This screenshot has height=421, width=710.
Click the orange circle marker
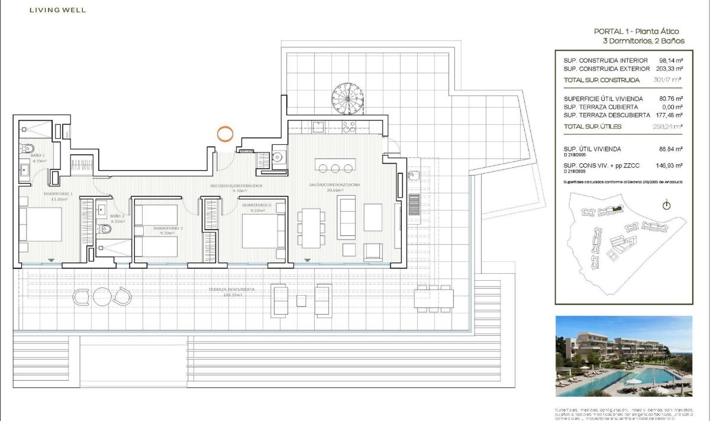click(x=224, y=133)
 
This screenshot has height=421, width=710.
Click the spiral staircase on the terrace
click(x=347, y=99)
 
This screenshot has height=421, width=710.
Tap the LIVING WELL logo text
click(x=57, y=10)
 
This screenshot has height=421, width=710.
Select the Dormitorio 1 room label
click(x=58, y=193)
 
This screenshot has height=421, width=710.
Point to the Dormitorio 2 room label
click(x=256, y=205)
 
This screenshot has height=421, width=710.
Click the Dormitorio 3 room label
click(x=168, y=228)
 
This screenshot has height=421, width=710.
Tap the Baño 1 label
click(x=38, y=156)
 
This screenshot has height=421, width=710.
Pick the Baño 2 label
click(x=117, y=216)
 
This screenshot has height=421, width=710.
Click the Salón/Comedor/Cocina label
click(x=334, y=185)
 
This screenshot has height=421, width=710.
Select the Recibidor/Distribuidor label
click(x=236, y=186)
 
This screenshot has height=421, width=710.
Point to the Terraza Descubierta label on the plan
click(x=231, y=290)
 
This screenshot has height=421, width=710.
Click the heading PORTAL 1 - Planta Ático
click(x=636, y=31)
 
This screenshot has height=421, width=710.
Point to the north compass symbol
click(x=667, y=206)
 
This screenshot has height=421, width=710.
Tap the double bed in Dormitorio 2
click(x=263, y=231)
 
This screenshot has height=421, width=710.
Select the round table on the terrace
click(x=102, y=296)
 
